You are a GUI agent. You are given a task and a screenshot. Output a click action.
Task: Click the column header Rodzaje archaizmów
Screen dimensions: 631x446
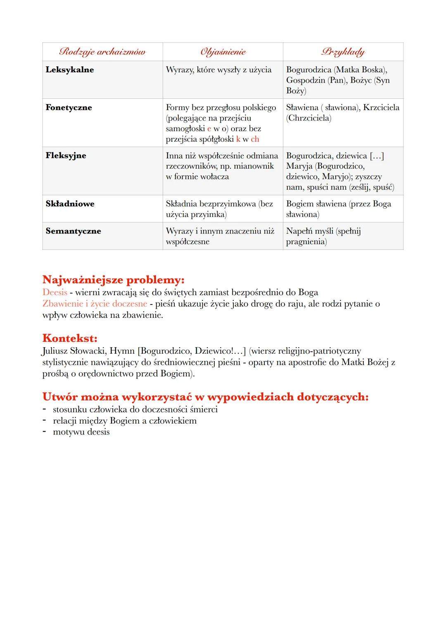click(x=102, y=52)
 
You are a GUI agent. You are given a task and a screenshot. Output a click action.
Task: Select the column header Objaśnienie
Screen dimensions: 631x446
click(x=223, y=52)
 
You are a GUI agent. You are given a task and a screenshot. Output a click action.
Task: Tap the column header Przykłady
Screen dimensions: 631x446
click(x=343, y=52)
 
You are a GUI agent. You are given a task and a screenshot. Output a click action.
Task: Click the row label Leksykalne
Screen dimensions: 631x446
click(x=70, y=69)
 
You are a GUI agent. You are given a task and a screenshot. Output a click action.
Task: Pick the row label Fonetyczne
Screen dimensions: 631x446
click(x=69, y=107)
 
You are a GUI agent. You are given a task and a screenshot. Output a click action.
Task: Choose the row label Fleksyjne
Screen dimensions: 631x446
click(x=66, y=155)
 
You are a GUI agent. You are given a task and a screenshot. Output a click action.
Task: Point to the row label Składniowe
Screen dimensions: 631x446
click(x=70, y=204)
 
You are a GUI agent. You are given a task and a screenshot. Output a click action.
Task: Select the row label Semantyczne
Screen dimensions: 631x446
click(x=73, y=231)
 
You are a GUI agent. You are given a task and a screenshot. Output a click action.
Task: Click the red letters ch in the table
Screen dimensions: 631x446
click(x=255, y=139)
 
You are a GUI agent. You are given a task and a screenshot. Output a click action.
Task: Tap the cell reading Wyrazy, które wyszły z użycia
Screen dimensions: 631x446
click(x=218, y=69)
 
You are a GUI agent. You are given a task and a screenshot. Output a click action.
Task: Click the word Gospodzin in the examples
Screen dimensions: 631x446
click(x=306, y=80)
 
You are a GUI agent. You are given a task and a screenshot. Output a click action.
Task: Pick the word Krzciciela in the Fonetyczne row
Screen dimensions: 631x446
click(x=381, y=107)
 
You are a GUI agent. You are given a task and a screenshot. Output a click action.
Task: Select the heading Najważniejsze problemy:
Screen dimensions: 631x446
click(x=113, y=280)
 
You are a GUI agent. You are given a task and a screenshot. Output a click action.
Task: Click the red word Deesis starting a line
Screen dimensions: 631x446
click(x=55, y=293)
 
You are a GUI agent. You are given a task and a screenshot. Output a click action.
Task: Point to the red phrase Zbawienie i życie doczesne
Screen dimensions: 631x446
click(x=95, y=304)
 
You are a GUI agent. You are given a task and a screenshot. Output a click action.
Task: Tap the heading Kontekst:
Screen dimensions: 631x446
click(x=70, y=338)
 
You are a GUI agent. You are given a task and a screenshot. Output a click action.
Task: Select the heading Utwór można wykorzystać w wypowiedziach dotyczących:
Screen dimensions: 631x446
click(x=205, y=397)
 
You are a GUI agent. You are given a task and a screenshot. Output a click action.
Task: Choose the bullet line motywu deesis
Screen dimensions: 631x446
click(x=81, y=432)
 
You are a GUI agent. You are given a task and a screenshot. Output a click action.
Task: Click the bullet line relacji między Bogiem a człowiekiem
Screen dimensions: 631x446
click(x=124, y=421)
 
